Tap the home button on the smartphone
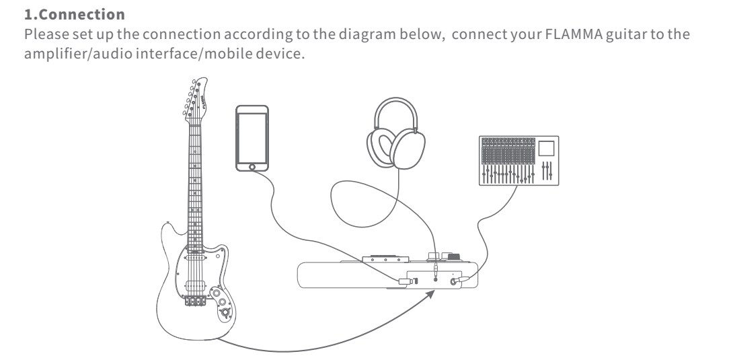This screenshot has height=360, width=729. click(x=253, y=166)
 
